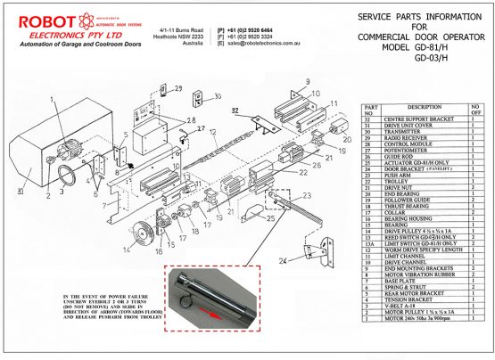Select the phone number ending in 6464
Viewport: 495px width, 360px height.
pos(259,28)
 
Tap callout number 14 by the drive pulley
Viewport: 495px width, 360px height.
pos(128,250)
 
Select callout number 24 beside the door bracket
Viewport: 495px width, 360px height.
pos(281,260)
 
